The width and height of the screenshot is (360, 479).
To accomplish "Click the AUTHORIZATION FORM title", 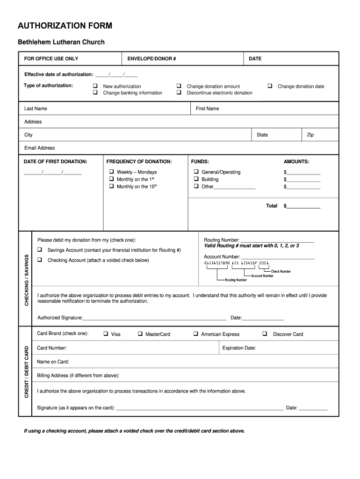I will pyautogui.click(x=65, y=26).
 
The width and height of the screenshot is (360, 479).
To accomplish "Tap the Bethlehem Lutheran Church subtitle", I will pyautogui.click(x=61, y=42).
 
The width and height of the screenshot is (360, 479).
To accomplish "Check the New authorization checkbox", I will pyautogui.click(x=95, y=86).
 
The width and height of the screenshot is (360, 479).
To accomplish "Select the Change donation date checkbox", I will pyautogui.click(x=270, y=86).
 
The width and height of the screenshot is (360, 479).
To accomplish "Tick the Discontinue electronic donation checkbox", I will pyautogui.click(x=179, y=93).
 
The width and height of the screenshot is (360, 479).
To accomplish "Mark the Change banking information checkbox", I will pyautogui.click(x=95, y=93).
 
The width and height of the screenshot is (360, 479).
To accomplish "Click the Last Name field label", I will pyautogui.click(x=36, y=109).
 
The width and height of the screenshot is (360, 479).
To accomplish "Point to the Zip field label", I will pyautogui.click(x=310, y=135).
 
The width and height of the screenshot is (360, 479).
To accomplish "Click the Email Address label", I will pyautogui.click(x=39, y=148).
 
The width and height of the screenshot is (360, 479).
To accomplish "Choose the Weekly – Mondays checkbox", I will pyautogui.click(x=112, y=172).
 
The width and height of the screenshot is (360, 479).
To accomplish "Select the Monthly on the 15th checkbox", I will pyautogui.click(x=112, y=186).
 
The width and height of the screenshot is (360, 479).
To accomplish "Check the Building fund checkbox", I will pyautogui.click(x=196, y=179).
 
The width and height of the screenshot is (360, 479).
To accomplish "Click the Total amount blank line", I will pyautogui.click(x=303, y=206).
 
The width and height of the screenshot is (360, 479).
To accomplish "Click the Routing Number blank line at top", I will pyautogui.click(x=277, y=240).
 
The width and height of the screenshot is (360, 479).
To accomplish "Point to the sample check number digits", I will pyautogui.click(x=264, y=263).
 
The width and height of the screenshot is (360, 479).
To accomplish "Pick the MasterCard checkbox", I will pyautogui.click(x=140, y=334).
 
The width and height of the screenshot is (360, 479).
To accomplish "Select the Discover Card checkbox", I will pyautogui.click(x=265, y=334).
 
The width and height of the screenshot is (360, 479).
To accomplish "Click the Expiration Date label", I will pyautogui.click(x=239, y=348).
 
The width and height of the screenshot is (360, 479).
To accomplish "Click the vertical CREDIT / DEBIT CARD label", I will pyautogui.click(x=26, y=372).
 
